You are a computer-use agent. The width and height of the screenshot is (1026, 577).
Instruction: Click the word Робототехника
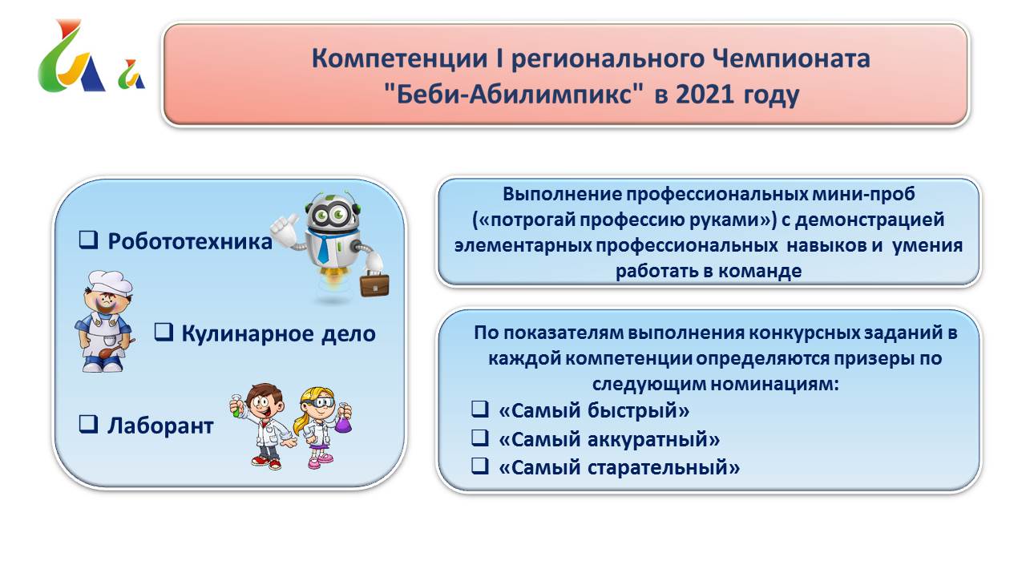point(190,242)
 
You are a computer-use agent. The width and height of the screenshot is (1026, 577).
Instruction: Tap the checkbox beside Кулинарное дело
point(164,332)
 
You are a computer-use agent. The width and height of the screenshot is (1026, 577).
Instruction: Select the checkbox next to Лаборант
point(88,424)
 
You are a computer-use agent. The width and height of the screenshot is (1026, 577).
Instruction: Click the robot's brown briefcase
point(374,284)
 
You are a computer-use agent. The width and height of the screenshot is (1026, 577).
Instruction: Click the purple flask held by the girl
point(343,423)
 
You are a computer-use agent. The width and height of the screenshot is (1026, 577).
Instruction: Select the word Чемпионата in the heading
point(791,59)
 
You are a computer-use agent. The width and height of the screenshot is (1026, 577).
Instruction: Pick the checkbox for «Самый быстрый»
point(480,409)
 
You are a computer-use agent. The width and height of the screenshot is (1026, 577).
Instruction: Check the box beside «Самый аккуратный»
point(480,438)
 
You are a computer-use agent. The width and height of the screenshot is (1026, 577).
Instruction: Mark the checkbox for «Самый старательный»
point(480,466)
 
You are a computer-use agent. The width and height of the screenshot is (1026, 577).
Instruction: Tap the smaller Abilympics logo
point(131,75)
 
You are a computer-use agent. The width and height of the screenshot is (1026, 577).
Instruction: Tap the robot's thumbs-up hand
point(285,228)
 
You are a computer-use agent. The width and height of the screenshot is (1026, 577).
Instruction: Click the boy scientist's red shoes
point(266,462)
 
